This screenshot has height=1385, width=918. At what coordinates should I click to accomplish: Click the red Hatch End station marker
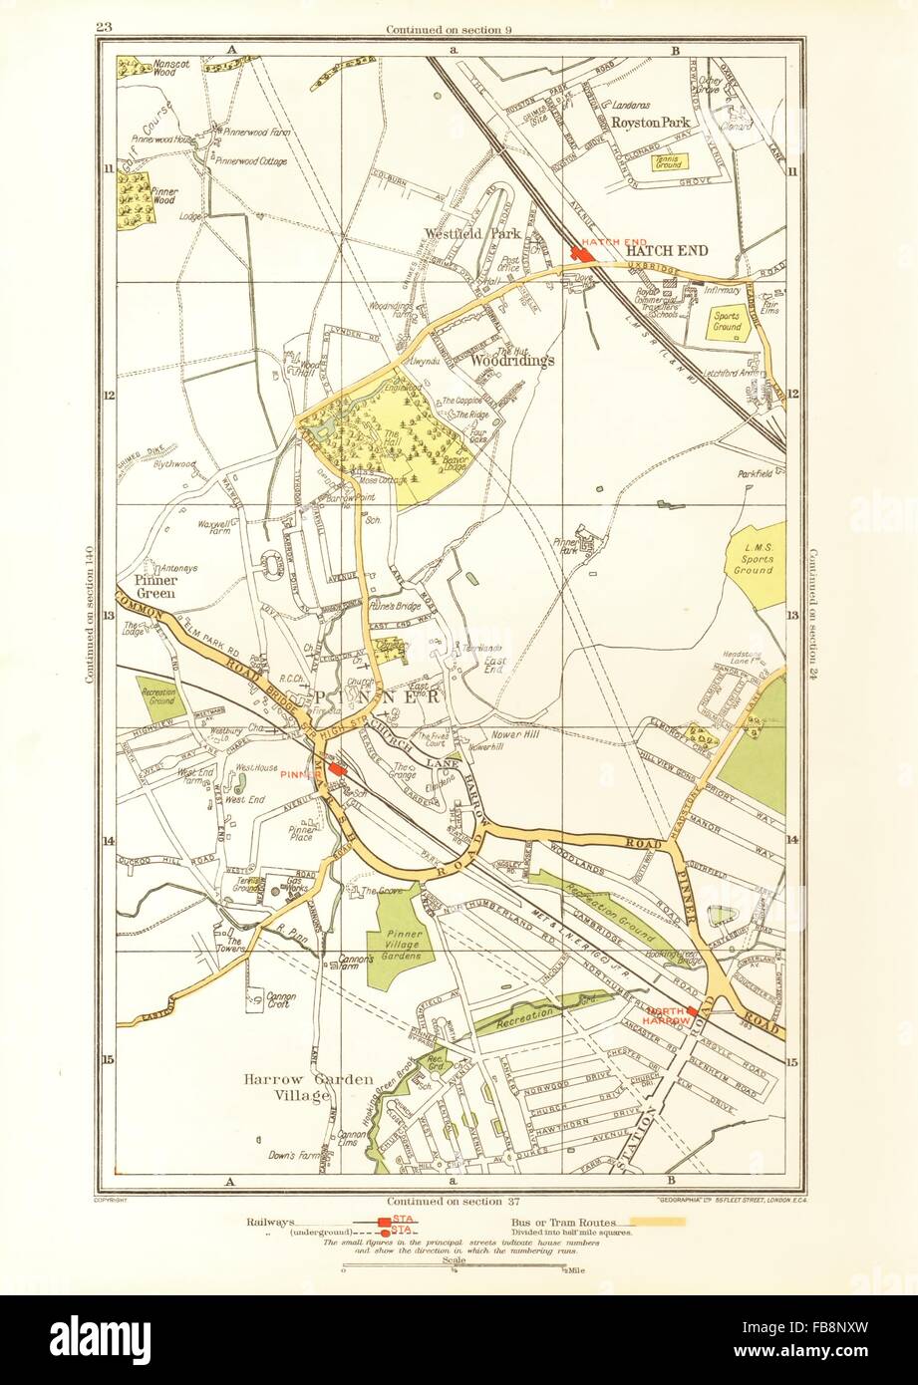[581, 254]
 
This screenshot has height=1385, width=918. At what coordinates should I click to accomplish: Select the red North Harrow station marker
[693, 1011]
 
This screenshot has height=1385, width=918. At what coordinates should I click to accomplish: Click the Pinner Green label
[152, 586]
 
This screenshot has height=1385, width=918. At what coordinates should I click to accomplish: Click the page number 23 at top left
[103, 27]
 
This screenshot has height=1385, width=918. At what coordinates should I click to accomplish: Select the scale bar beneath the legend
[454, 1268]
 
